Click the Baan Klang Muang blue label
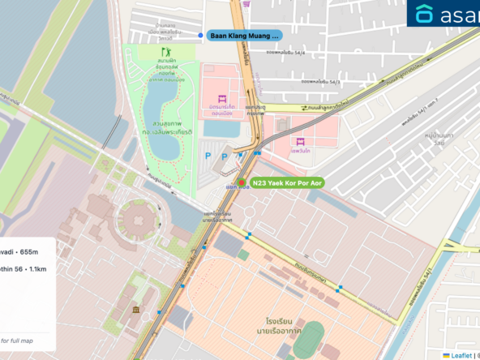click(x=244, y=36)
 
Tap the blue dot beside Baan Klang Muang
click(x=200, y=36)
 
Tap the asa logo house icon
click(x=425, y=14)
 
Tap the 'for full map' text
click(x=18, y=340)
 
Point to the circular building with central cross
click(x=135, y=219)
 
